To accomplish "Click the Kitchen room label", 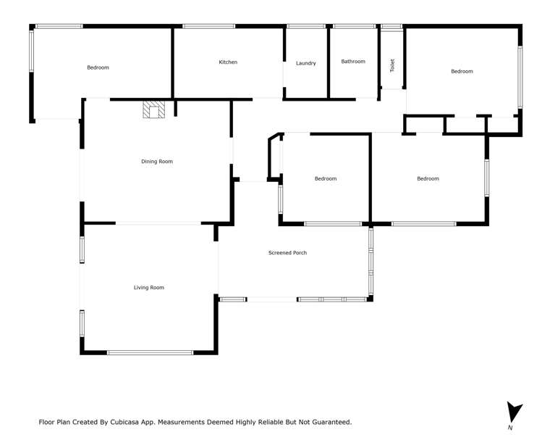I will pos(228,62).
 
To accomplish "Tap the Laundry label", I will pos(306,63).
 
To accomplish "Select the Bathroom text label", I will pos(353,62).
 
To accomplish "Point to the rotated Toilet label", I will pos(392,65).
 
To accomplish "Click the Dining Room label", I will pos(157,162).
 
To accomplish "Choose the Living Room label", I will pos(148,288).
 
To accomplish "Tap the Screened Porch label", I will pos(287,253).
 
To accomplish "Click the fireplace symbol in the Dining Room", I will pos(154,109).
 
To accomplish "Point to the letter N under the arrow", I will pos(510,428).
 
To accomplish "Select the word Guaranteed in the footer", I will pos(326,421).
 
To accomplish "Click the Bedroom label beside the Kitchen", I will pos(98,67).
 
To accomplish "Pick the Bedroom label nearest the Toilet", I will pos(462,71).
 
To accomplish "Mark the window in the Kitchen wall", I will pos(208,26).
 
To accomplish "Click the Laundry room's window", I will pos(305,26).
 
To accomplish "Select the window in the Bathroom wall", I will pos(354,26).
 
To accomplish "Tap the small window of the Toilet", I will pos(391,26).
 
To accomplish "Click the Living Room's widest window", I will pos(150,353).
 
